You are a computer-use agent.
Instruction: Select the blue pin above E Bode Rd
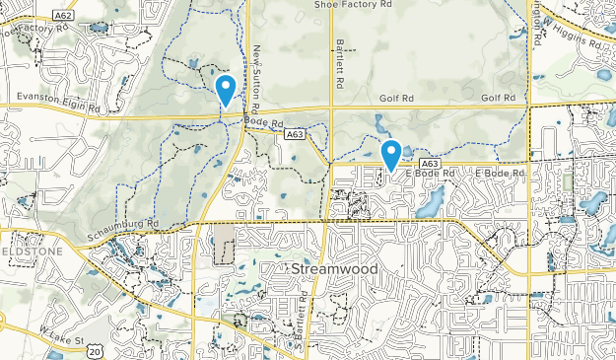point(391,155)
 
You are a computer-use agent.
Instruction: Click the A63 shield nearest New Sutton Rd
point(293,131)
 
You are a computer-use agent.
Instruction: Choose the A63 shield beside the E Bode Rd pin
point(428,163)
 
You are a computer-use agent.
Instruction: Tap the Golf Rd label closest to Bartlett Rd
point(398,99)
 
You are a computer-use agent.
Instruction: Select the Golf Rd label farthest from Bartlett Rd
point(499,99)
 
